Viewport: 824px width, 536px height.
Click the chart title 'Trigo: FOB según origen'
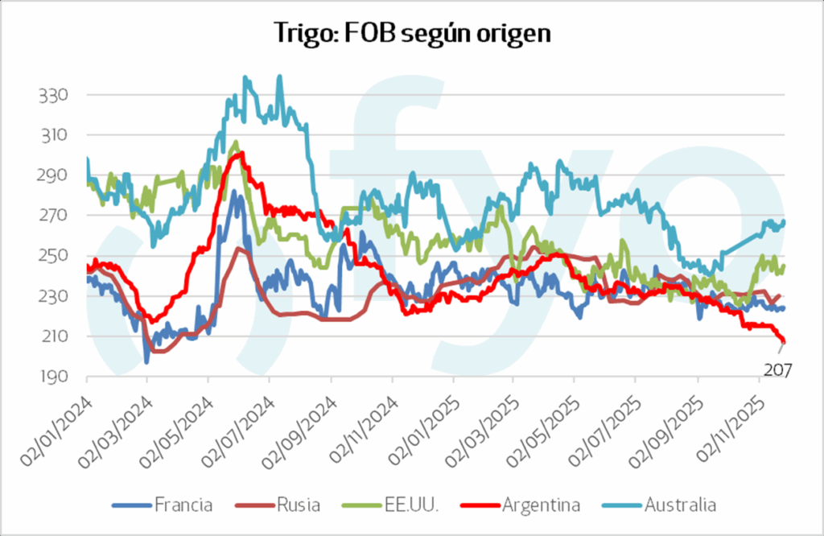point(411,33)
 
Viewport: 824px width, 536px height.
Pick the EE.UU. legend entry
point(410,505)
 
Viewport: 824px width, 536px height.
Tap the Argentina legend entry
point(540,505)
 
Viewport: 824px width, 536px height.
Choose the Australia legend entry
point(680,505)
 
